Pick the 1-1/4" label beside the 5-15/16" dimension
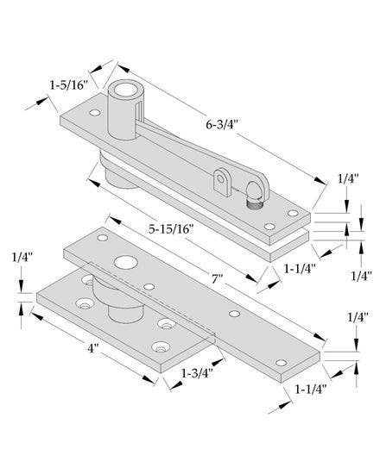pyautogui.click(x=300, y=268)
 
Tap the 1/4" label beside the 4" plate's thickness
pyautogui.click(x=23, y=257)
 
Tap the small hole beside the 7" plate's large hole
pyautogui.click(x=149, y=286)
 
